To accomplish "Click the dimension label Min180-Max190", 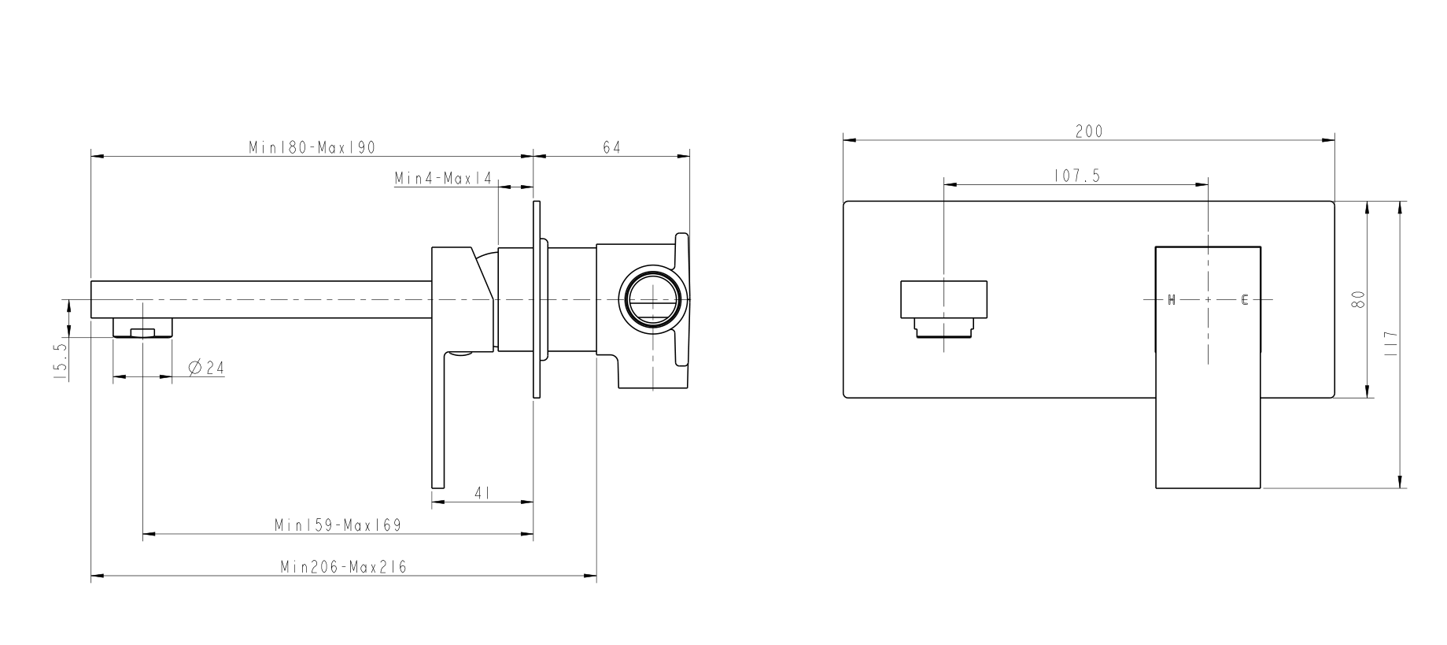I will point(312,147).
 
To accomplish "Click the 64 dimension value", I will point(611,147).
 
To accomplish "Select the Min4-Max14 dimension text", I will point(443,179).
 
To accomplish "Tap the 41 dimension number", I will point(483,493).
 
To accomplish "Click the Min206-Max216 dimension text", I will point(343,567).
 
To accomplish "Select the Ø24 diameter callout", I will point(206,367).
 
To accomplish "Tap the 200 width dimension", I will point(1089,132).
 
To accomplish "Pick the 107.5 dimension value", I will point(1076,176).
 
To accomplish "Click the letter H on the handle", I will point(1171,299).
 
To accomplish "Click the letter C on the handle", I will point(1245,299).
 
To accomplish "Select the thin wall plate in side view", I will point(537,299).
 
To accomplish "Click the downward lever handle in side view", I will point(439,425).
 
